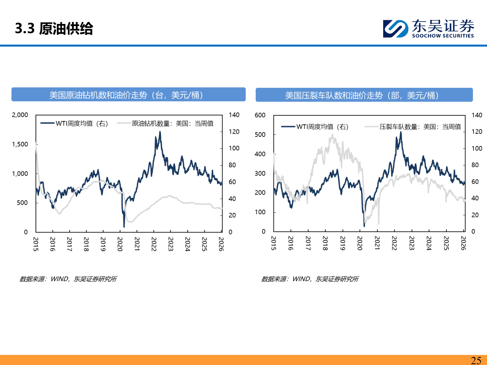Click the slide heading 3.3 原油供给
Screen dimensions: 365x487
54,28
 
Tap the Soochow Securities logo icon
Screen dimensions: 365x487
395,29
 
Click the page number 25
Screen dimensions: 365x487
476,360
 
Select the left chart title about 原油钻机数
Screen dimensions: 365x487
129,95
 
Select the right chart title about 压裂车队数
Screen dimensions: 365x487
364,95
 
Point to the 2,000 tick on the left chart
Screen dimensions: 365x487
20,115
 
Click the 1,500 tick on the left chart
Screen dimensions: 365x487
20,144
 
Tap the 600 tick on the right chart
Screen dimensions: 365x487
260,115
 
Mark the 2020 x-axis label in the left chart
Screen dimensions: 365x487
120,244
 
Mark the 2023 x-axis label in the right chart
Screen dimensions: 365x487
412,243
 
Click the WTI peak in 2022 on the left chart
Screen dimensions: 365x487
160,132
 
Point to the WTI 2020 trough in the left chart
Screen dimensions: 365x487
124,226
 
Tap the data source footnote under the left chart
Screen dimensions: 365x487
68,279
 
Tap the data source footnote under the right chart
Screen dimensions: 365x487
310,279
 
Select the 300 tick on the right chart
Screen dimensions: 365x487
260,173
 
